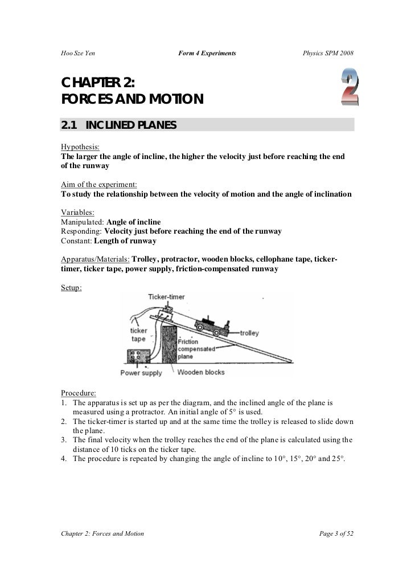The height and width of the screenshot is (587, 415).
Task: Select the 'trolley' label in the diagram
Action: [250, 332]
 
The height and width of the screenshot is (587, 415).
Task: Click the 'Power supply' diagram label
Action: [141, 373]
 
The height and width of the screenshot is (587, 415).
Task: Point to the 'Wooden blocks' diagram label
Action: [201, 373]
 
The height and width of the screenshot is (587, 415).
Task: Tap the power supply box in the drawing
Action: [138, 357]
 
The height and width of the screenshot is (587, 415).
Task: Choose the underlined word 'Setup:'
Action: [71, 287]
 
